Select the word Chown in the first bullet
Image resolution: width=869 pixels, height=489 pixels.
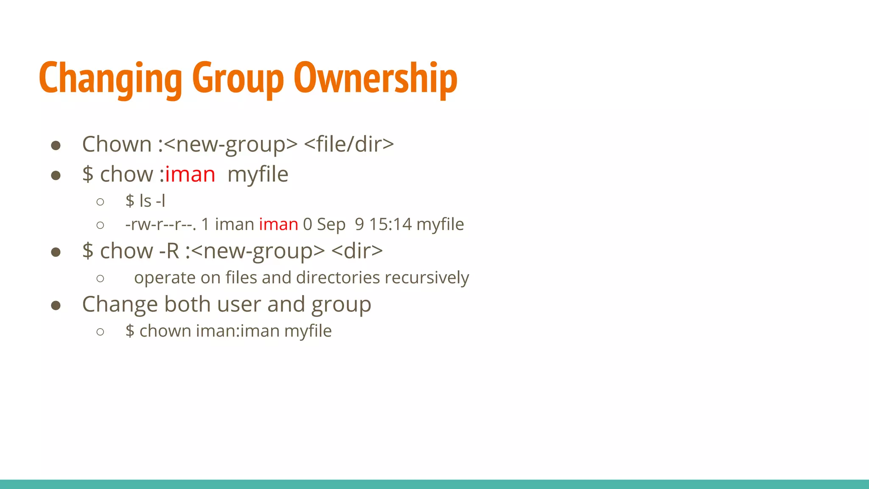[x=117, y=144]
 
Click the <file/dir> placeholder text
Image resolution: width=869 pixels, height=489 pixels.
[x=349, y=144]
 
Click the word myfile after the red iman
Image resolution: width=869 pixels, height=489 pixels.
[x=258, y=174]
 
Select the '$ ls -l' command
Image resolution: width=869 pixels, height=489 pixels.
[x=145, y=201]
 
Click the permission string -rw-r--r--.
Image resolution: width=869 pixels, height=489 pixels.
[x=160, y=224]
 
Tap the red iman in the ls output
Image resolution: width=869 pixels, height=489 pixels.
[x=278, y=224]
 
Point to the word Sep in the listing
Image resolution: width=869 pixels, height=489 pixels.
[x=331, y=224]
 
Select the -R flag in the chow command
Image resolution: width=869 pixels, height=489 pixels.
[x=169, y=251]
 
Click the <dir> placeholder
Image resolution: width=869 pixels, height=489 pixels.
[x=357, y=251]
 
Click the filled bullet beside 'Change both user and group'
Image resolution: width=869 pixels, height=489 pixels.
[x=56, y=305]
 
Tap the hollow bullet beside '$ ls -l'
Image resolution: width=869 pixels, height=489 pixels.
[x=100, y=202]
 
